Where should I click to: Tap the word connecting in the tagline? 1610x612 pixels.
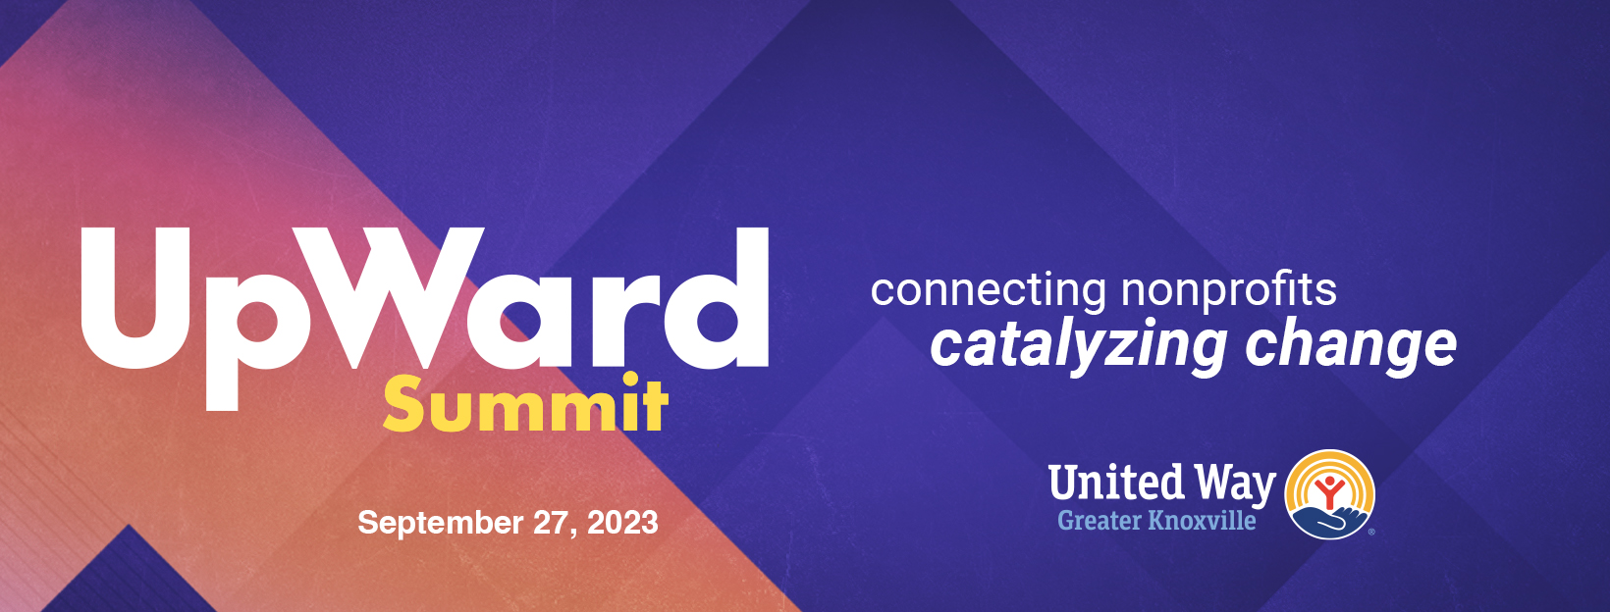point(989,291)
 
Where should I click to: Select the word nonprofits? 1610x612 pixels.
point(1228,291)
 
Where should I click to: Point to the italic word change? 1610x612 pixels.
point(1351,347)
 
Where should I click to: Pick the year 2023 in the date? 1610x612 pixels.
point(622,522)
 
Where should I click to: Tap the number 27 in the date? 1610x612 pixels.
point(554,523)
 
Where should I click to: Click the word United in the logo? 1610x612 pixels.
point(1115,482)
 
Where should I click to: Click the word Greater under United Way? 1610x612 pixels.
point(1099,520)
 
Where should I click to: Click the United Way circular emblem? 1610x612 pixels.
point(1329,494)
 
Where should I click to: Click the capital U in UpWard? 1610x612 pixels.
point(135,298)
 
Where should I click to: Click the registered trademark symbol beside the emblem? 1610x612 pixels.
point(1371,533)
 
